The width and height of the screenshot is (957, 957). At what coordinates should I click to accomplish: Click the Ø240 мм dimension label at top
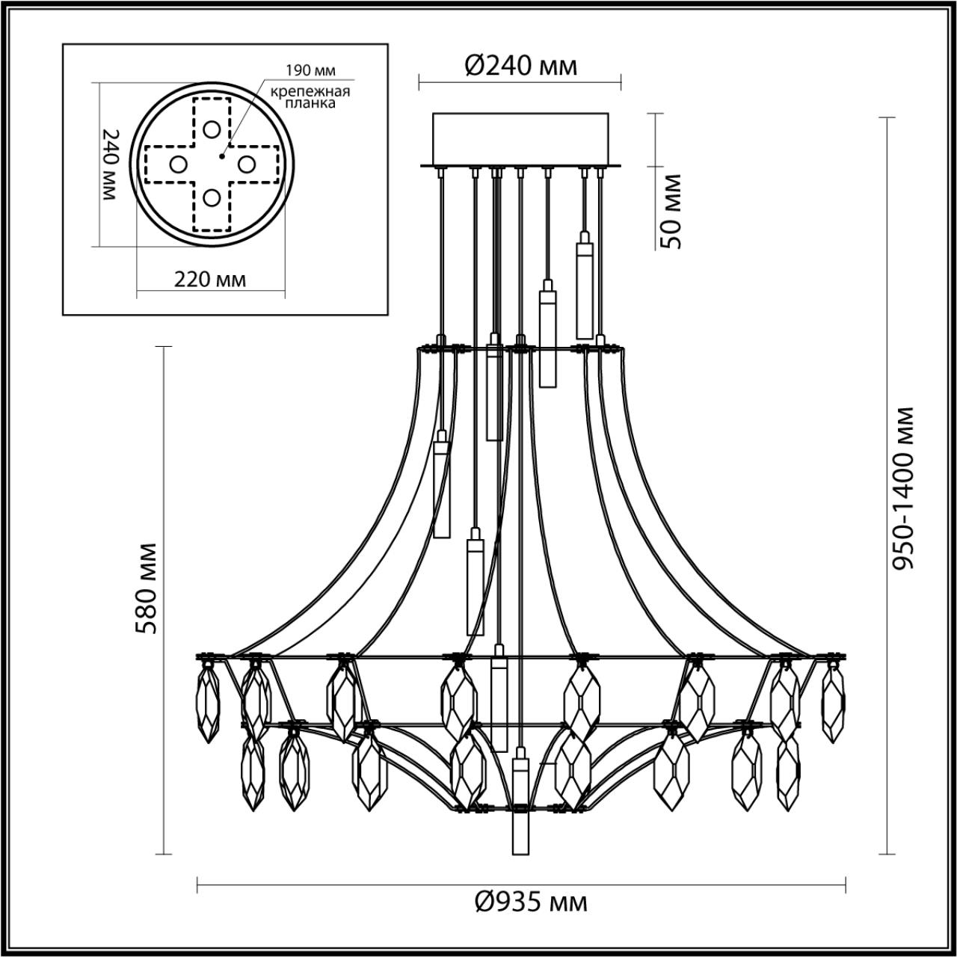tap(521, 67)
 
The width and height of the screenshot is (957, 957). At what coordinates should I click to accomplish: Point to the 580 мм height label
tap(147, 588)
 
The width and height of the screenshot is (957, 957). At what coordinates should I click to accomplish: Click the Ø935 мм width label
tap(532, 902)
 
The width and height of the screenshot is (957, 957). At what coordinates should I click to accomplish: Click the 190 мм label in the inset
tap(310, 71)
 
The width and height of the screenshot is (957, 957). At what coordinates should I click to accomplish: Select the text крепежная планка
tap(310, 98)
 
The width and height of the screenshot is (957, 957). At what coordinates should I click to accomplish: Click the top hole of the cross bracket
tap(212, 129)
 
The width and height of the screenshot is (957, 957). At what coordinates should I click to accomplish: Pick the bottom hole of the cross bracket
tap(212, 197)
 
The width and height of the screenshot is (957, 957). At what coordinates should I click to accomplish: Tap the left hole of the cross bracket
tap(178, 164)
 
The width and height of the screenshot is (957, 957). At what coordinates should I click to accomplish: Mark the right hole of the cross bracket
tap(246, 162)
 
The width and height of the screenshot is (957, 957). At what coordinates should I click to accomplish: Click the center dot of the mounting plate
tap(222, 156)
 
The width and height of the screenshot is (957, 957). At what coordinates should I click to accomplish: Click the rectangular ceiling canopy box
tap(521, 138)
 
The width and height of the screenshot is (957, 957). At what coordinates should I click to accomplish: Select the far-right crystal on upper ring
tap(833, 701)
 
